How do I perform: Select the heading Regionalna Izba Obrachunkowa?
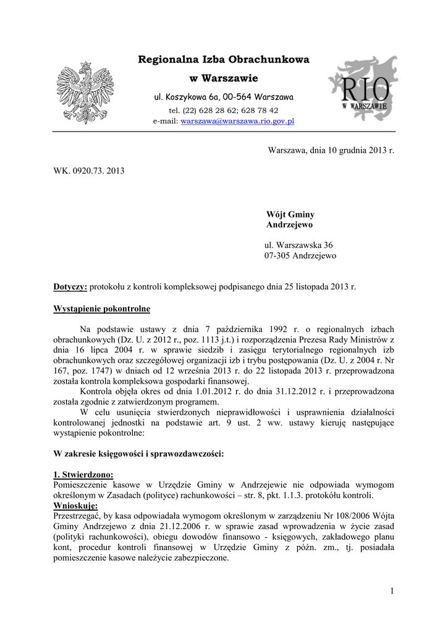coord(224,60)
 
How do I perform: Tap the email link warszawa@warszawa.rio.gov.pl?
coord(237,121)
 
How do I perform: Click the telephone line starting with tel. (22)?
coord(224,110)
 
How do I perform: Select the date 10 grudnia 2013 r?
coord(348,150)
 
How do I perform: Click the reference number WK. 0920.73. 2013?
coord(89,169)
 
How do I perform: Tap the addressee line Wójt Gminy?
coord(290,215)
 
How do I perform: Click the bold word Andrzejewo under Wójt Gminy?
coord(290,225)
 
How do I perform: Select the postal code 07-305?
coord(277,255)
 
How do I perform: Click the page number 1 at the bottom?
coord(392,592)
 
